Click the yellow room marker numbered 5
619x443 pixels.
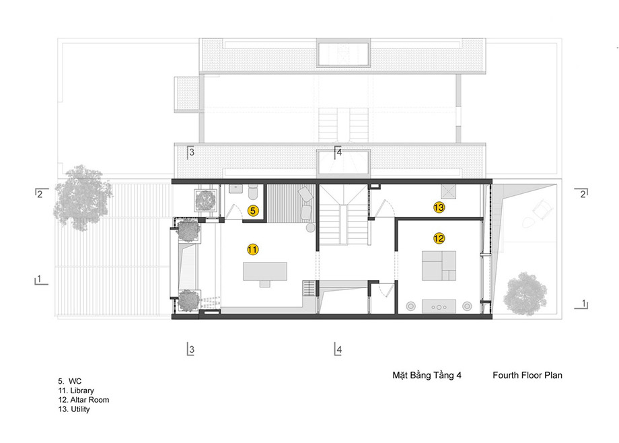click(253, 211)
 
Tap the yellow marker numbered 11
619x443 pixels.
click(253, 249)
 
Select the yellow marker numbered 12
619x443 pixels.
click(439, 238)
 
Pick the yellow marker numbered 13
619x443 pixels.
click(439, 207)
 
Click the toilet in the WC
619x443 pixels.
click(253, 193)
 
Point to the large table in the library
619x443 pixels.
click(265, 271)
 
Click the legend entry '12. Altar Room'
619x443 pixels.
click(83, 399)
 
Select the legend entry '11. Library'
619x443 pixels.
click(76, 390)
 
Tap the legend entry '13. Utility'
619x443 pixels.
click(74, 409)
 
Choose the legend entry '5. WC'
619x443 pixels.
click(70, 381)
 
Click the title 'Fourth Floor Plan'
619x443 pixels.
click(527, 375)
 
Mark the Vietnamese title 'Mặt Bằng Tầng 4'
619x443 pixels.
click(427, 375)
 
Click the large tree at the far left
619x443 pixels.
click(83, 197)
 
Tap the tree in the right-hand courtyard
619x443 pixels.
click(525, 294)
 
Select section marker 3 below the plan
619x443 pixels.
click(190, 349)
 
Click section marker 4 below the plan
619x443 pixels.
click(338, 349)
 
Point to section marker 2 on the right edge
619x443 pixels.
click(581, 193)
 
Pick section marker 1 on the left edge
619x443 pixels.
click(40, 280)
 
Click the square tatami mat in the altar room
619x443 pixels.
click(439, 265)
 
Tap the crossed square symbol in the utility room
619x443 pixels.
click(448, 192)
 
